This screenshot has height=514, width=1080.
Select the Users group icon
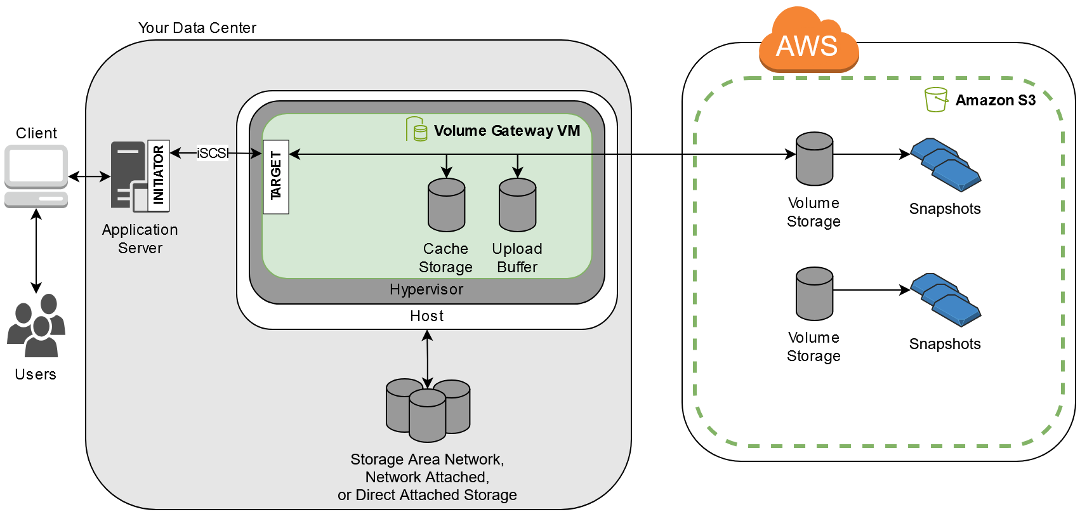coord(36,325)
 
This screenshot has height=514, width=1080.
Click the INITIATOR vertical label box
coord(158,175)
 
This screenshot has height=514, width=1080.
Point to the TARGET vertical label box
coord(276,176)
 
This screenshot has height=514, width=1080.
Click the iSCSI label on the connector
coord(212,153)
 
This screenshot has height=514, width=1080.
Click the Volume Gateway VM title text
coord(506,131)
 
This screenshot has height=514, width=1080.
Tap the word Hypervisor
coord(426,289)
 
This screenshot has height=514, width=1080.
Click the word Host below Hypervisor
coord(426,316)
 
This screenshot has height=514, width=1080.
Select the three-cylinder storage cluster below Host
coord(428,410)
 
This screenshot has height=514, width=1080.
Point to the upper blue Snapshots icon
coord(945,165)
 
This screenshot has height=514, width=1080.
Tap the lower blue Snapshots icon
coord(945,300)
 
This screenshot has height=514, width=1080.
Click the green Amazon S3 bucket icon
coord(935,100)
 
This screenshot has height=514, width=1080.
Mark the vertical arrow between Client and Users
coord(36,251)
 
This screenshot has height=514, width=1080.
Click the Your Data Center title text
coord(197,28)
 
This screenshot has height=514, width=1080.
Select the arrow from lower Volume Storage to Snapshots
coord(871,290)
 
